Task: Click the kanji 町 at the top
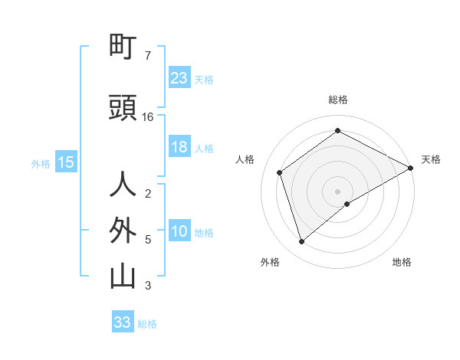click(x=123, y=47)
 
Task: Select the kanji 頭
click(x=123, y=108)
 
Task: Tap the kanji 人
click(x=123, y=185)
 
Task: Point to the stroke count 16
click(x=148, y=117)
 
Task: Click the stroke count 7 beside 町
click(x=147, y=56)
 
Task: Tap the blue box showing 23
click(x=179, y=78)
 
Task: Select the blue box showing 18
click(x=179, y=148)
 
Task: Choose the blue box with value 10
click(x=179, y=232)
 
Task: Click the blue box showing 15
click(x=65, y=162)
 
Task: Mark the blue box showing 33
click(x=122, y=322)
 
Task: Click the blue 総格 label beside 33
click(x=147, y=324)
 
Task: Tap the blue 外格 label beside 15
click(x=41, y=163)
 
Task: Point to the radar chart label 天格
click(x=431, y=159)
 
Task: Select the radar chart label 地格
click(x=402, y=262)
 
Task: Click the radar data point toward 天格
click(x=411, y=168)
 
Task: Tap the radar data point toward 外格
click(x=301, y=242)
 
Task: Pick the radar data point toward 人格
click(x=280, y=172)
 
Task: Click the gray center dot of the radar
click(x=337, y=191)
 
